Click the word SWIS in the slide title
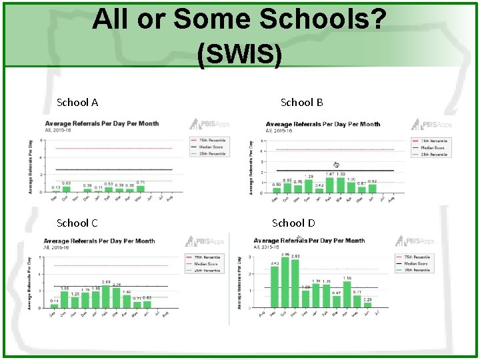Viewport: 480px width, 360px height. pyautogui.click(x=239, y=54)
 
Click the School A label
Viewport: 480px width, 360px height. pyautogui.click(x=77, y=102)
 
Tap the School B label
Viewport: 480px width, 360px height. pyautogui.click(x=301, y=102)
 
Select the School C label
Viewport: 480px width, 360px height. pyautogui.click(x=77, y=223)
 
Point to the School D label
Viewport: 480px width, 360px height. pyautogui.click(x=293, y=223)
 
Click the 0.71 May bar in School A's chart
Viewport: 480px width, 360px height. pyautogui.click(x=140, y=189)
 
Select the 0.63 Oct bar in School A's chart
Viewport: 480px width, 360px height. pyautogui.click(x=66, y=189)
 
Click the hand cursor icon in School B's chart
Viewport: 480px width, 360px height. pyautogui.click(x=337, y=165)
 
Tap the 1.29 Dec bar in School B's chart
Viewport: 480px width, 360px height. pyautogui.click(x=309, y=186)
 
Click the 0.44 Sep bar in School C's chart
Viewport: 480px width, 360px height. pyautogui.click(x=55, y=305)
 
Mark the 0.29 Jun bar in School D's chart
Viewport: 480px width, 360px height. pyautogui.click(x=367, y=306)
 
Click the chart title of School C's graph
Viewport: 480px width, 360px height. pyautogui.click(x=99, y=241)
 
